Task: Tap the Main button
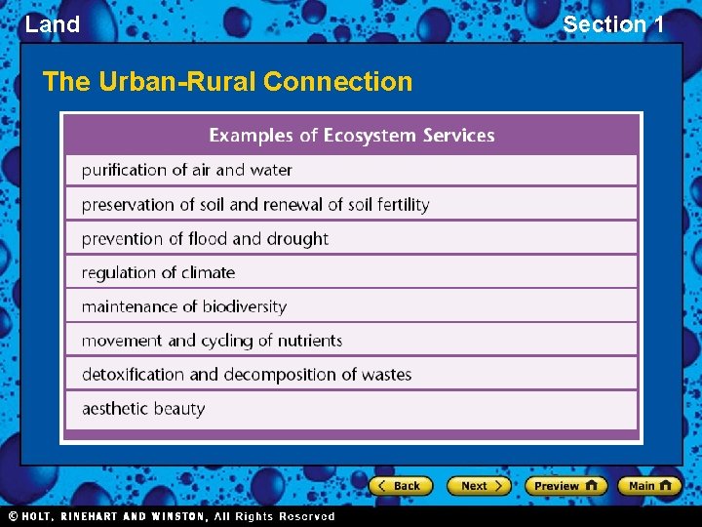point(650,485)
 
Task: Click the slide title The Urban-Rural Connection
point(228,81)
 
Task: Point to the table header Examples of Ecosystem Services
point(352,136)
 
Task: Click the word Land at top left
point(53,24)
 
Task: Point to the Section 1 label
point(613,24)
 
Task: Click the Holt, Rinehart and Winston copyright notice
point(172,516)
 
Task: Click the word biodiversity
point(245,306)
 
